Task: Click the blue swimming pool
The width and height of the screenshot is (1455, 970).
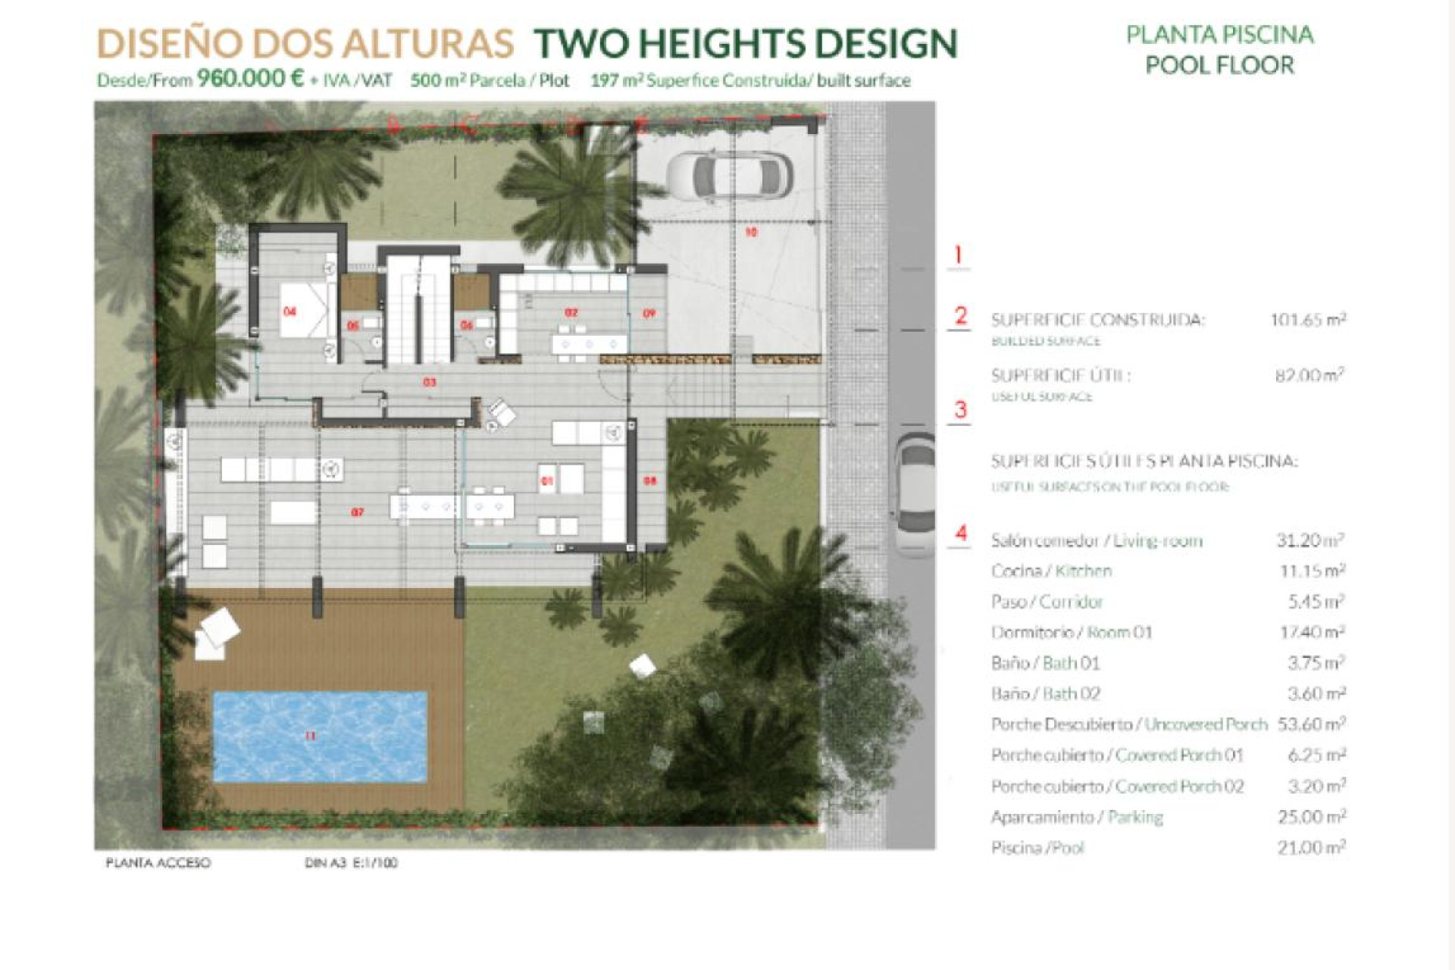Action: pyautogui.click(x=319, y=737)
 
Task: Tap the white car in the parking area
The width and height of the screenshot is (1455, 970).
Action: pyautogui.click(x=730, y=177)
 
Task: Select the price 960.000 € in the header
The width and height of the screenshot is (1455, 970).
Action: pyautogui.click(x=250, y=79)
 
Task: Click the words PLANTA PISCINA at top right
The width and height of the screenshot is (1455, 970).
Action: pyautogui.click(x=1219, y=35)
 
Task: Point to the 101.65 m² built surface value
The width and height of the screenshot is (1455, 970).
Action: pyautogui.click(x=1308, y=320)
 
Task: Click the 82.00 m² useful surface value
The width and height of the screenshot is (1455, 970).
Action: pyautogui.click(x=1309, y=375)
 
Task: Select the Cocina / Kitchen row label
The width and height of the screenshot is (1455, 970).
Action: pyautogui.click(x=1051, y=571)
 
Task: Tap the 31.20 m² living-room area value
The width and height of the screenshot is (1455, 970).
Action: pyautogui.click(x=1310, y=540)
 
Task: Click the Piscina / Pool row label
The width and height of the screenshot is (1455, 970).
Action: pyautogui.click(x=1037, y=848)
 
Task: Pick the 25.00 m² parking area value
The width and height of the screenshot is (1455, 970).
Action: pyautogui.click(x=1311, y=817)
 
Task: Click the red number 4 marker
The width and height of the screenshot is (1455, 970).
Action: pyautogui.click(x=961, y=533)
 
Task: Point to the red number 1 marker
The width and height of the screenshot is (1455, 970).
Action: pyautogui.click(x=959, y=255)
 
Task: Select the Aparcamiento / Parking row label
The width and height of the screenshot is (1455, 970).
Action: pyautogui.click(x=1077, y=817)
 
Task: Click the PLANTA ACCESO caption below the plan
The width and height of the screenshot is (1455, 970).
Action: pyautogui.click(x=158, y=862)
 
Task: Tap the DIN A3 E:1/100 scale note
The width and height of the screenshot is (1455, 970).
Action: pyautogui.click(x=351, y=862)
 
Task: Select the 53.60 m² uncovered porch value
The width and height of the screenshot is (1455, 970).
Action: pyautogui.click(x=1311, y=724)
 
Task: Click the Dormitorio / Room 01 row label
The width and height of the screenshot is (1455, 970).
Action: pyautogui.click(x=1072, y=632)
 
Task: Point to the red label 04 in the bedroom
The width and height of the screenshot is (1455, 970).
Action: pyautogui.click(x=289, y=311)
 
